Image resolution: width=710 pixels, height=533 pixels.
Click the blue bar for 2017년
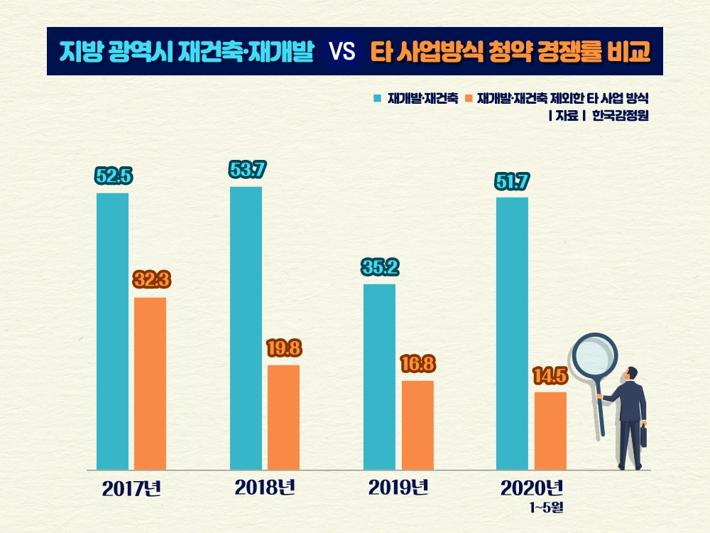point(112,331)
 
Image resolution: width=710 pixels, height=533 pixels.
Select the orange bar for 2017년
point(150,384)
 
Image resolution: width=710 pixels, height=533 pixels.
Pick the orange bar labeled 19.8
point(283,417)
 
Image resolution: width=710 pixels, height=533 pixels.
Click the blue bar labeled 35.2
point(379,377)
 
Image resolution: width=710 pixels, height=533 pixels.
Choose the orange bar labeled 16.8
point(417,425)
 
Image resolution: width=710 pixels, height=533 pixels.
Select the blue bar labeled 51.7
point(512,333)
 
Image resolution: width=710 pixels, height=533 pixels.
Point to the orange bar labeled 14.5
point(550,431)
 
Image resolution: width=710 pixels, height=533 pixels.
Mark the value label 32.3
point(151,279)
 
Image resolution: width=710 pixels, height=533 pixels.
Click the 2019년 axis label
point(398,488)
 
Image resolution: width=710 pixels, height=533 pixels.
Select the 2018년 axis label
point(265,488)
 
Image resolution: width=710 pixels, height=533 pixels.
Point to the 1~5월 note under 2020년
point(545,507)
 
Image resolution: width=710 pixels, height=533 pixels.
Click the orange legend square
point(469,97)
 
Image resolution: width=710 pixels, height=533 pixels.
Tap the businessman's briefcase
point(643,436)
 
